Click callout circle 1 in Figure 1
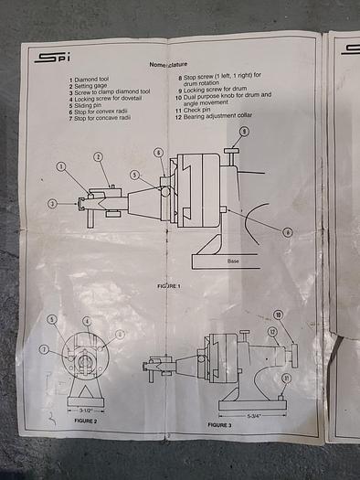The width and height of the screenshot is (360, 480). (x=61, y=166)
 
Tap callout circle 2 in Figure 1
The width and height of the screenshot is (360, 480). (x=98, y=157)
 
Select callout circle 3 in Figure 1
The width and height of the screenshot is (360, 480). (x=53, y=203)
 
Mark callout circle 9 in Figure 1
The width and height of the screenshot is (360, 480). (x=244, y=133)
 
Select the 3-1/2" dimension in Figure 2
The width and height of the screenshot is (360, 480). (x=88, y=412)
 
